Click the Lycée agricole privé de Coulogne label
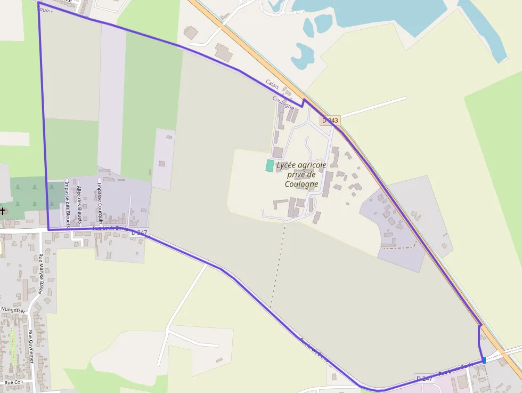click(301, 174)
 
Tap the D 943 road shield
click(330, 121)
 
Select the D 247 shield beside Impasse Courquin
click(140, 232)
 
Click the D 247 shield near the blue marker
click(425, 378)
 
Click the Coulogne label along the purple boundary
click(283, 102)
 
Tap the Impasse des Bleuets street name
click(68, 203)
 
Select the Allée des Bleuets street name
click(79, 203)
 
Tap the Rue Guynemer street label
click(30, 347)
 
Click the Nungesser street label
click(13, 309)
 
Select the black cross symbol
click(3, 211)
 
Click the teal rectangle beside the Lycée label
click(270, 166)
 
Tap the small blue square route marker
click(484, 361)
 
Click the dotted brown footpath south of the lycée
click(278, 267)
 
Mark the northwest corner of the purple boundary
click(39, 3)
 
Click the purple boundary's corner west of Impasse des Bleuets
click(48, 229)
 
